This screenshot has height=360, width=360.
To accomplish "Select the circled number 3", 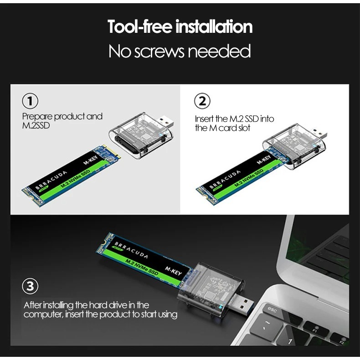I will pyautogui.click(x=31, y=287).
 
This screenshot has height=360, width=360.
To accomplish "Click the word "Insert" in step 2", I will pyautogui.click(x=204, y=119).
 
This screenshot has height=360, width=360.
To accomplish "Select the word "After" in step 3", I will pyautogui.click(x=33, y=305).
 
